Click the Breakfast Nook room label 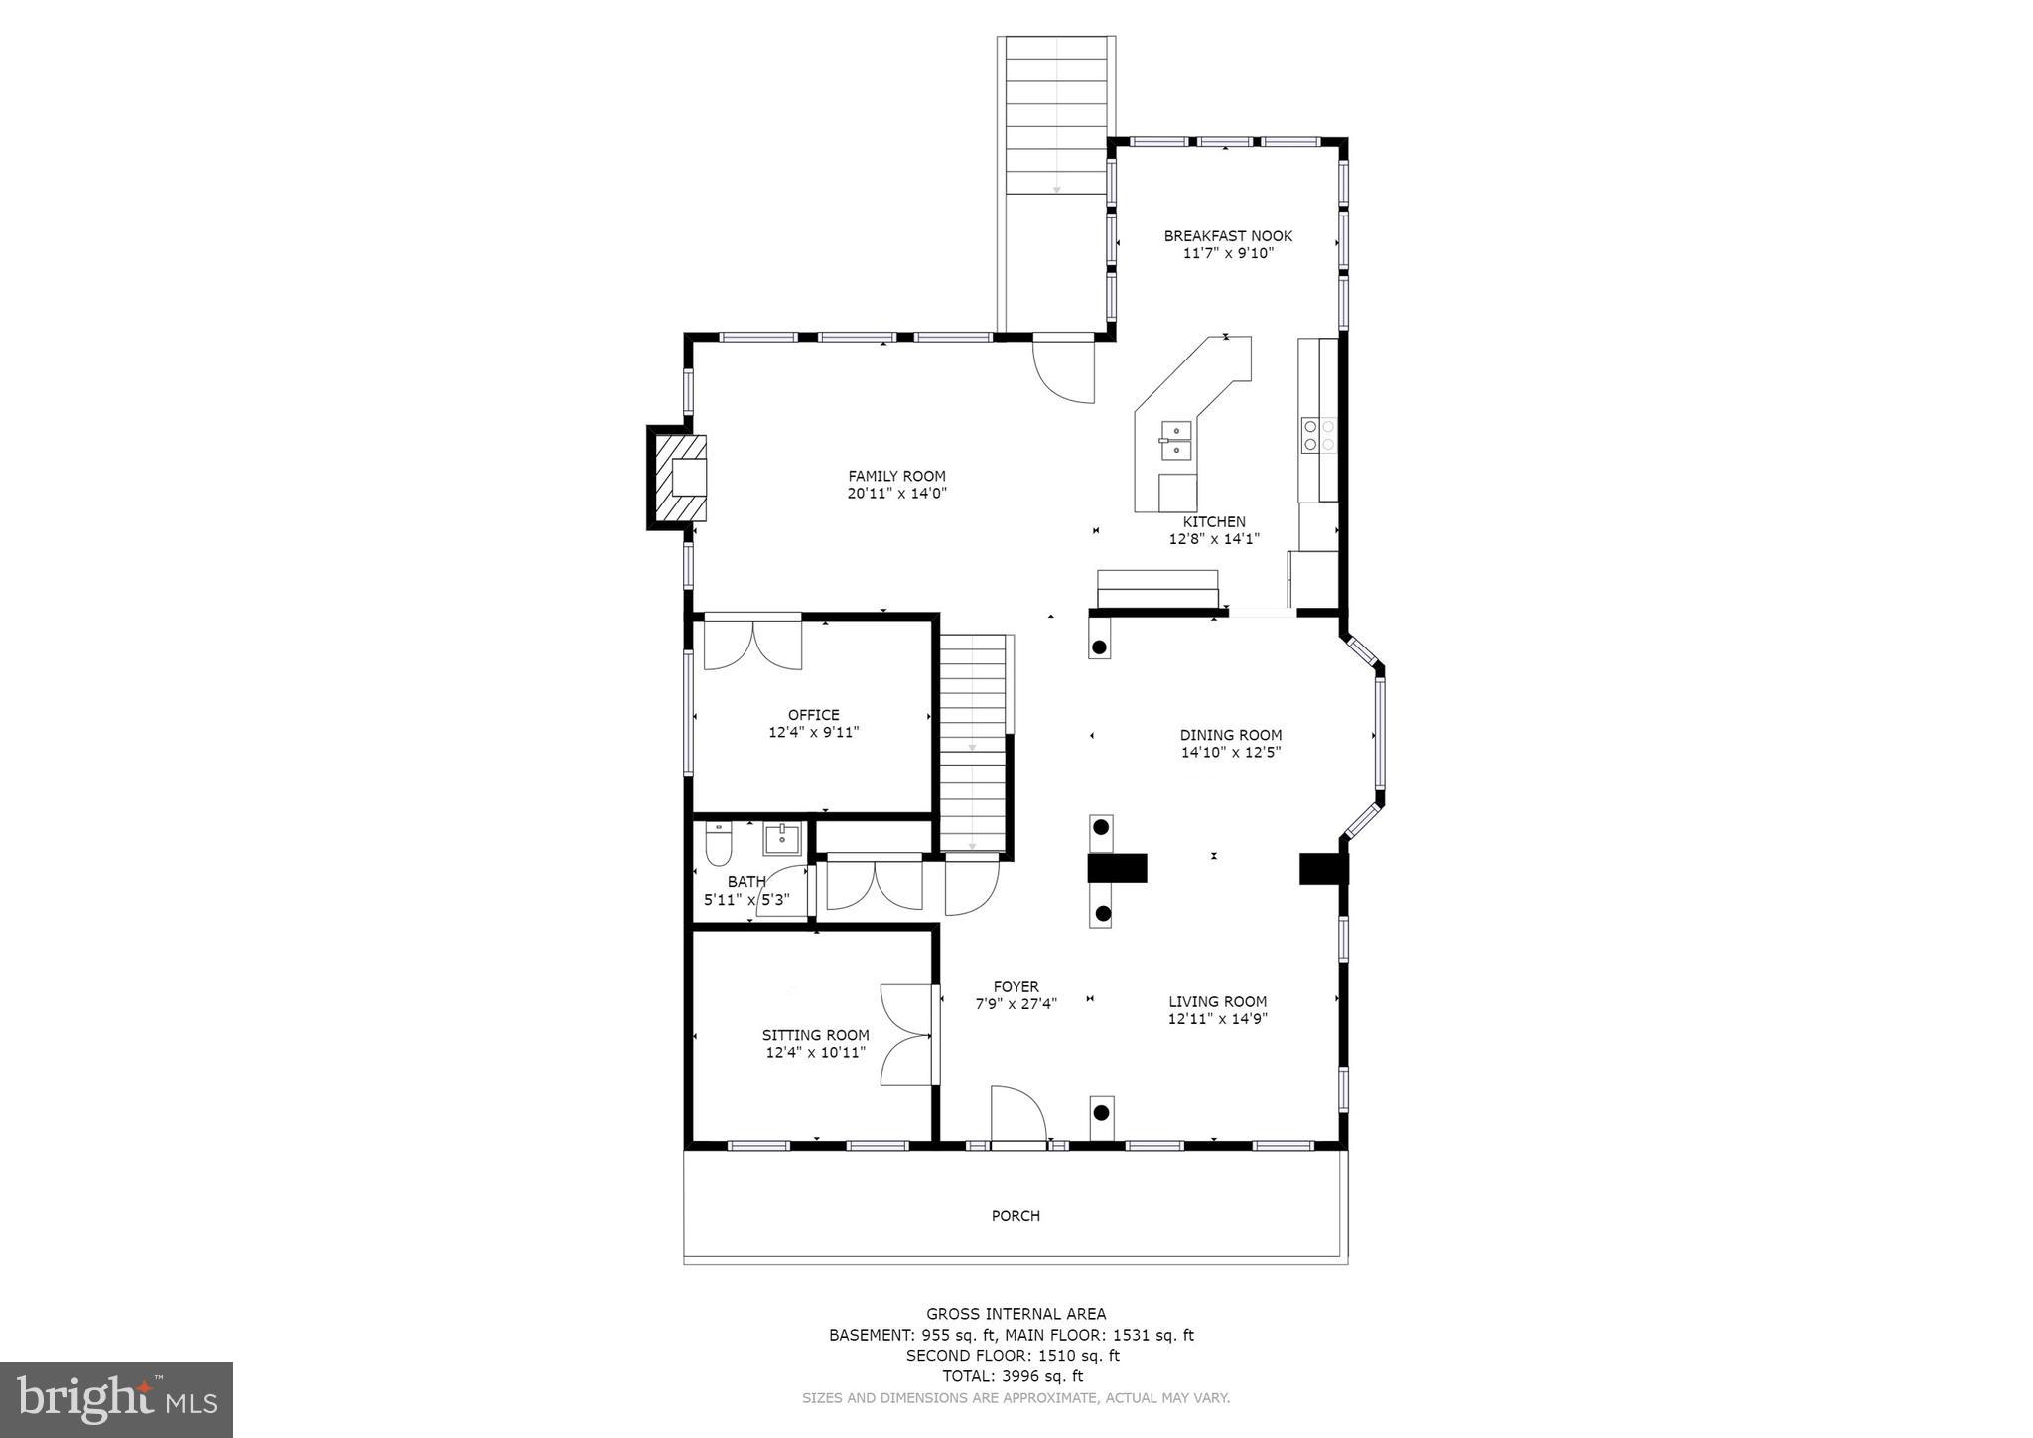1228,236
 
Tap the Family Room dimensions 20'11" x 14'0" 896,493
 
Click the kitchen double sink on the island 1176,440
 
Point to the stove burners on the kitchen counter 1319,435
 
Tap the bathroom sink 782,839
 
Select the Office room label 813,715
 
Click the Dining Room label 1230,735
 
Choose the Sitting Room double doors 906,1035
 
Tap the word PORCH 1016,1216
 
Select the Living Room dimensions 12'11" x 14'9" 1218,1018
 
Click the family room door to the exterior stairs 1064,369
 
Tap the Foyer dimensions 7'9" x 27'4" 1016,1003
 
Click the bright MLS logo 116,1399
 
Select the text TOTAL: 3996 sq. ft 1013,1376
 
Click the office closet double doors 752,644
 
